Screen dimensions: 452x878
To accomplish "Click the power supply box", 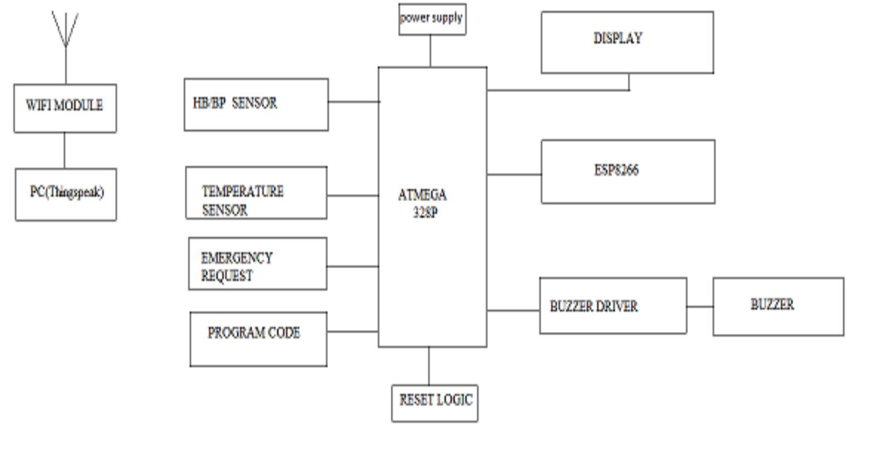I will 432,19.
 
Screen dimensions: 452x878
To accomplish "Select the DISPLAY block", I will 627,42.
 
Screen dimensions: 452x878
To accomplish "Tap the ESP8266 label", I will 616,170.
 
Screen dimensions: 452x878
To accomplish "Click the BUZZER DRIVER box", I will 613,305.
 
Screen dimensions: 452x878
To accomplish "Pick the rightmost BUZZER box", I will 778,306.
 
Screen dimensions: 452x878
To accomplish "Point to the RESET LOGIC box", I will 434,403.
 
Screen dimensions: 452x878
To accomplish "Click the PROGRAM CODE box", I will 258,339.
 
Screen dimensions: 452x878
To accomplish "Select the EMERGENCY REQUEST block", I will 258,264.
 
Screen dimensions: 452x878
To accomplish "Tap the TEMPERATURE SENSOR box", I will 256,193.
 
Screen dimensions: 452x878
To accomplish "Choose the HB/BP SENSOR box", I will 256,104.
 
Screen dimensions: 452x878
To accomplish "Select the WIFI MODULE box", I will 65,108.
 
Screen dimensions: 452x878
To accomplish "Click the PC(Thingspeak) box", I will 65,194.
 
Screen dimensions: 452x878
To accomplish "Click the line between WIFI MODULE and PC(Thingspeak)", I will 64,150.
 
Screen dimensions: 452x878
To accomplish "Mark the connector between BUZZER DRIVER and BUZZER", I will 700,307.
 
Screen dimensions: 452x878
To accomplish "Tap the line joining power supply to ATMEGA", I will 430,51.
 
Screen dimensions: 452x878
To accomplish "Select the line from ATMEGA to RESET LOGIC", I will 429,365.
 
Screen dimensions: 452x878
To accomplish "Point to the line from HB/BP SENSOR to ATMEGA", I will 353,102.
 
